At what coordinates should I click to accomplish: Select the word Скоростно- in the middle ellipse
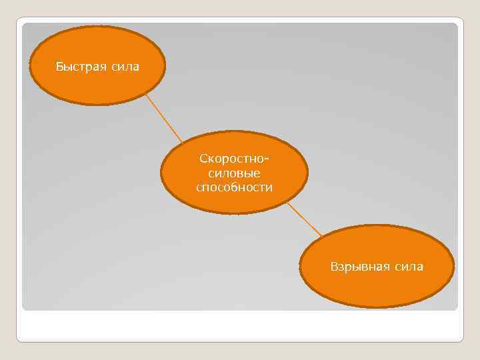pos(234,160)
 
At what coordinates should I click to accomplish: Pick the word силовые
pos(234,173)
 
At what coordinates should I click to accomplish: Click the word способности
pos(234,187)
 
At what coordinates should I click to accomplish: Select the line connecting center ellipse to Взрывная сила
pos(305,219)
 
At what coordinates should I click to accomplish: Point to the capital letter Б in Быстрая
pos(59,67)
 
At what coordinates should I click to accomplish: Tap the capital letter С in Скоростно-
pos(202,160)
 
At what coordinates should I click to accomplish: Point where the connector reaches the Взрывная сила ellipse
pos(323,237)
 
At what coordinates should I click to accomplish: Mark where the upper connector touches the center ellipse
pos(182,142)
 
